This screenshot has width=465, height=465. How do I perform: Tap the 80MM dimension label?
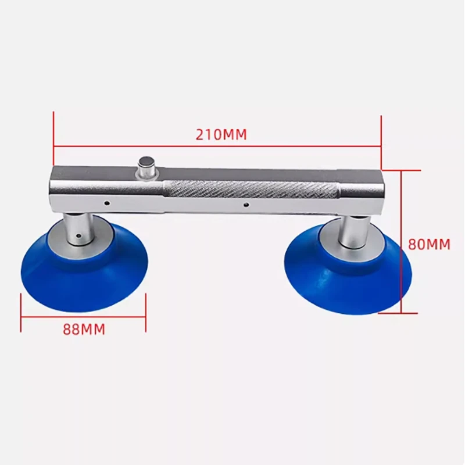[x=429, y=244]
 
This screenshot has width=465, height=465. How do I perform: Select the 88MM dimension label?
[x=84, y=329]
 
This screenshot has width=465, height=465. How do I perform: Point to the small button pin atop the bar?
[x=145, y=164]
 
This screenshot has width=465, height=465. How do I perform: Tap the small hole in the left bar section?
[x=108, y=203]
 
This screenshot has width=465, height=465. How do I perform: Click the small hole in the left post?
[x=77, y=237]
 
